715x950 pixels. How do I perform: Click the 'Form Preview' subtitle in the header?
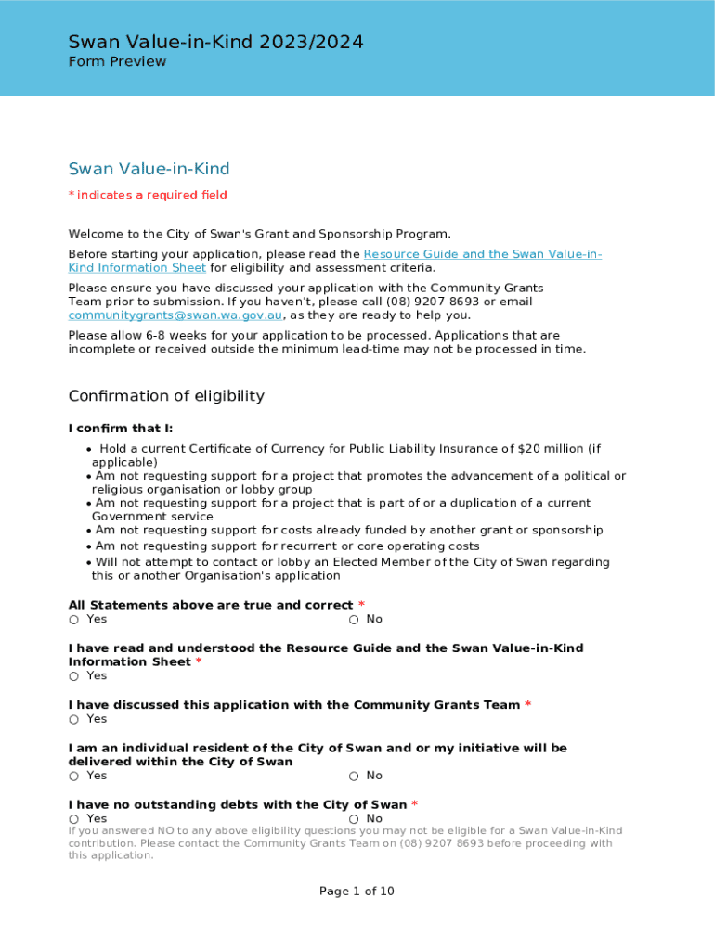click(x=117, y=62)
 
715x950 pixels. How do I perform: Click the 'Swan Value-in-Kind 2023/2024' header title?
click(x=215, y=42)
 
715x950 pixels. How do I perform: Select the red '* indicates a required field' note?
click(x=148, y=195)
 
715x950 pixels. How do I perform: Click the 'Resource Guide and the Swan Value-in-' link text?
click(x=482, y=254)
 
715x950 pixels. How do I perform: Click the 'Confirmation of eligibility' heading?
click(x=166, y=396)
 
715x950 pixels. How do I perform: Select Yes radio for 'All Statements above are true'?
click(x=73, y=620)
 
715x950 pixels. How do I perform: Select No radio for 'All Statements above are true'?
click(x=354, y=620)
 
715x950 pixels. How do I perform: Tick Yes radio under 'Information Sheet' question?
click(x=73, y=676)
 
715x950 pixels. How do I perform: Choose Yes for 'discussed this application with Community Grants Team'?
click(x=73, y=720)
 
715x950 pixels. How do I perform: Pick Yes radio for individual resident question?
click(x=73, y=777)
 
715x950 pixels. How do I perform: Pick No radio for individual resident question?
click(x=354, y=777)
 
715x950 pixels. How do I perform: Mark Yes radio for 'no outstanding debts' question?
click(x=73, y=819)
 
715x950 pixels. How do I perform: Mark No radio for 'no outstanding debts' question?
click(x=354, y=819)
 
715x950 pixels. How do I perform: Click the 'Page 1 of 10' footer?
click(x=357, y=892)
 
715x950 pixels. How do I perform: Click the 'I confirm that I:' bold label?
click(x=121, y=429)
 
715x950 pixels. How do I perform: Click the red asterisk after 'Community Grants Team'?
click(x=527, y=705)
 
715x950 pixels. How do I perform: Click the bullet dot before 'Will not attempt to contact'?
click(x=88, y=562)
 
